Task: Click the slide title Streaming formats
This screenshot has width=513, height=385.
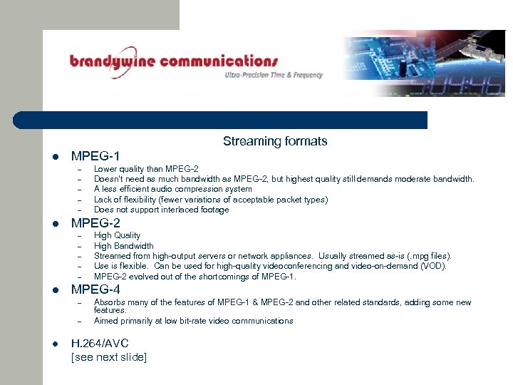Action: (274, 141)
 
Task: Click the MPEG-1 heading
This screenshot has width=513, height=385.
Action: (95, 155)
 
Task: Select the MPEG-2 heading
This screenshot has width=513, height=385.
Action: (95, 222)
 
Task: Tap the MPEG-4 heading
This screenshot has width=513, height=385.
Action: (95, 289)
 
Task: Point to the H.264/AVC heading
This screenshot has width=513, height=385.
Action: (100, 344)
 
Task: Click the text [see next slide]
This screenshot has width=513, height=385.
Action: (109, 357)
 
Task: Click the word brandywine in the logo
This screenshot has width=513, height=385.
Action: (111, 62)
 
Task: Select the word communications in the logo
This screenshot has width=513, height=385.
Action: (218, 61)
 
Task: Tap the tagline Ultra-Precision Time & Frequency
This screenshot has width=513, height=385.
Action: (274, 75)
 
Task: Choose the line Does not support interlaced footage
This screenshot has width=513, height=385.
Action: (161, 210)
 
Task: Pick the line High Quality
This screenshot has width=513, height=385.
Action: (117, 235)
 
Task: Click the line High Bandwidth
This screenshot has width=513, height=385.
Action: (123, 246)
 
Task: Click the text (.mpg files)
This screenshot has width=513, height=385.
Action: (427, 256)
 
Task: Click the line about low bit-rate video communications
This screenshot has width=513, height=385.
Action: (193, 321)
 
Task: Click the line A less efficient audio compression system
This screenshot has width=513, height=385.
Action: (172, 189)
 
